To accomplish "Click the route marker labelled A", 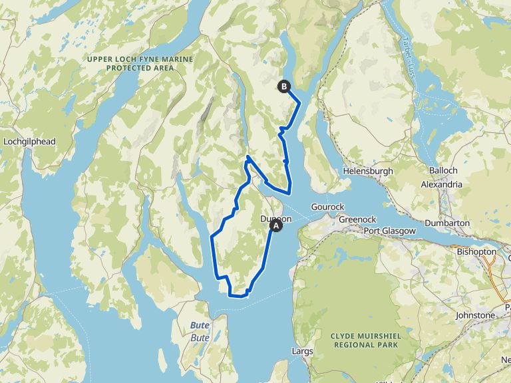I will pos(276,226).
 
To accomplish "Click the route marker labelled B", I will pos(285,86).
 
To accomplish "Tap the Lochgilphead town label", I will pos(29,142).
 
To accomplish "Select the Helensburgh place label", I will pos(368,171).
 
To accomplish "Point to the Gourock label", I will pos(325,207).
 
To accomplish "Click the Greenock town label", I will pos(357,219).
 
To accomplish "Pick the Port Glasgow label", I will pos(389,231).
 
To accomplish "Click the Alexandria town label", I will pos(442,184).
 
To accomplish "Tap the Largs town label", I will pos(302,350).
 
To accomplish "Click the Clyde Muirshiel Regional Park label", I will pos(365,340).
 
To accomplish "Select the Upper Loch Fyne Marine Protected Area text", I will pos(140,63).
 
